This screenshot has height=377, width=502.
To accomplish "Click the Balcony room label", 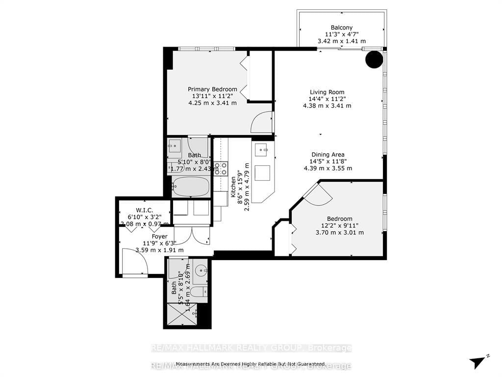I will pos(341,27).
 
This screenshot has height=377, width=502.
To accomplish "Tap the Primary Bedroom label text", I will pos(212,89).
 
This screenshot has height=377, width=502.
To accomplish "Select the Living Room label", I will pos(326,92).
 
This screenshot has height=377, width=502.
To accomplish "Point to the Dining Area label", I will pos(327,155).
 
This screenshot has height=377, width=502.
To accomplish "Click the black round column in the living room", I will pos(375,59).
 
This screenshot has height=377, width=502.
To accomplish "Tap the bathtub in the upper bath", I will pos(192,186).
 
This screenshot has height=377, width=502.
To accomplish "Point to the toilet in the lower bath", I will pos(199,293).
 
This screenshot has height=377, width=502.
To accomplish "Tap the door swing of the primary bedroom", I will pos(262,123).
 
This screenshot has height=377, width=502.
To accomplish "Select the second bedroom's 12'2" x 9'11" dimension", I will pos(340,226).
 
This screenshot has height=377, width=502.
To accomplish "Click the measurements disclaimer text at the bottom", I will pos(251,364).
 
